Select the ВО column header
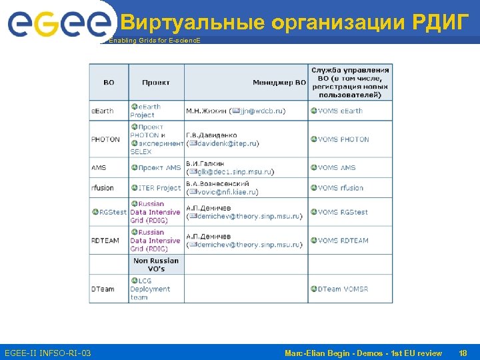(109, 83)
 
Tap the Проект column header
(156, 83)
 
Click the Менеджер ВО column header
(279, 83)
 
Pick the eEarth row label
(103, 111)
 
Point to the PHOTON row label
(106, 139)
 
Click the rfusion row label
(103, 188)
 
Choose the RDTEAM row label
(106, 241)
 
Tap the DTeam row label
(103, 289)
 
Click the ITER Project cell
(159, 188)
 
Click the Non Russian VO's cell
(156, 265)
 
